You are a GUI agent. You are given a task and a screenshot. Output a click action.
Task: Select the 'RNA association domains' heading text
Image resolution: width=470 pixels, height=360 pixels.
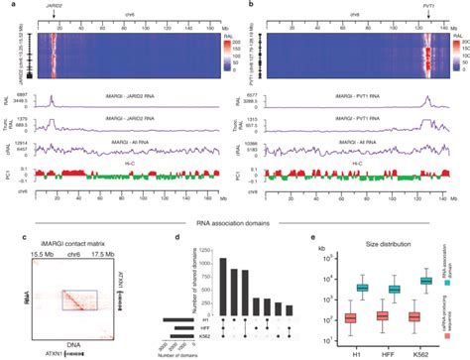(x=235, y=226)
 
